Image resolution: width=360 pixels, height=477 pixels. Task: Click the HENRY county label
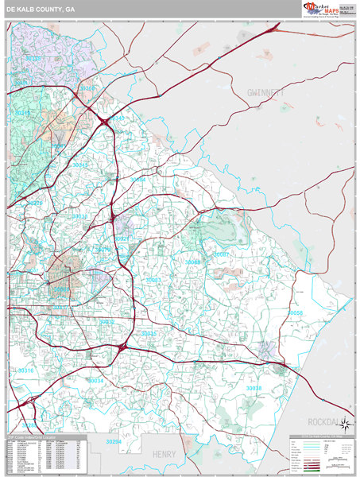coord(164,454)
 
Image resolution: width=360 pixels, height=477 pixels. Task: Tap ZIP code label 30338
coord(33,58)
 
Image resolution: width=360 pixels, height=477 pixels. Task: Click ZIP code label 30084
coord(138,180)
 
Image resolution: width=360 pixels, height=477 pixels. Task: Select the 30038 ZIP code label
coord(254,387)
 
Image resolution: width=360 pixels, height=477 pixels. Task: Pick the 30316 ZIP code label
coord(26,370)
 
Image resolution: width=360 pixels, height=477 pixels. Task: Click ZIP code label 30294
coord(114,441)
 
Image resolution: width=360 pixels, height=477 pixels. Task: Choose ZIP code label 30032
coord(106,321)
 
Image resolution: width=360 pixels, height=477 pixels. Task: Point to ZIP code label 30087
coord(221,254)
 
